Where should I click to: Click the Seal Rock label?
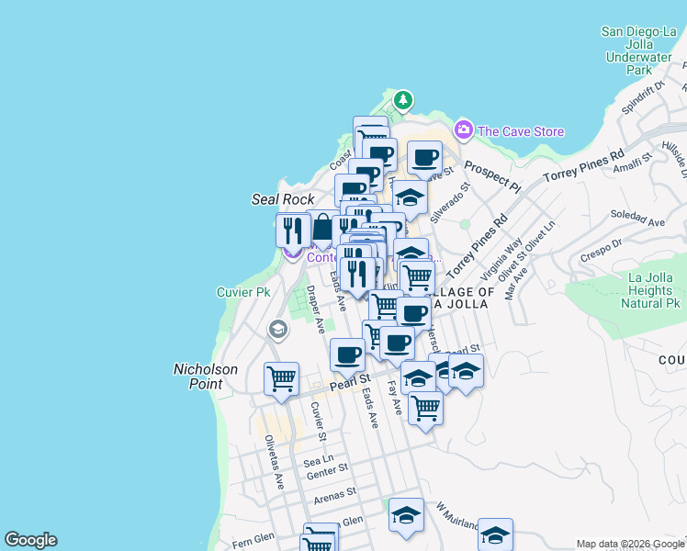[283, 199]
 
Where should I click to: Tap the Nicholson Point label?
[206, 377]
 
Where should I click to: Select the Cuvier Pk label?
[242, 292]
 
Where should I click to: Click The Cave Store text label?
[521, 131]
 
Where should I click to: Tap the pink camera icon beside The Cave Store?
[464, 130]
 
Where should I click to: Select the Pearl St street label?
[350, 378]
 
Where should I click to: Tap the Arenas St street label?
[334, 494]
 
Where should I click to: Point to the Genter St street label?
[327, 470]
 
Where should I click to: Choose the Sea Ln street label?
[319, 457]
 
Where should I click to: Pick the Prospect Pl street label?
[493, 174]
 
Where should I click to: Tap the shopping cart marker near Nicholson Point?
[280, 378]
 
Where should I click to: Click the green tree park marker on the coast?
[401, 99]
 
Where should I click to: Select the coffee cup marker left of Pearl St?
[347, 354]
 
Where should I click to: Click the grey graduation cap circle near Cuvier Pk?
[277, 329]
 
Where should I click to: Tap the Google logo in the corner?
[31, 540]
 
